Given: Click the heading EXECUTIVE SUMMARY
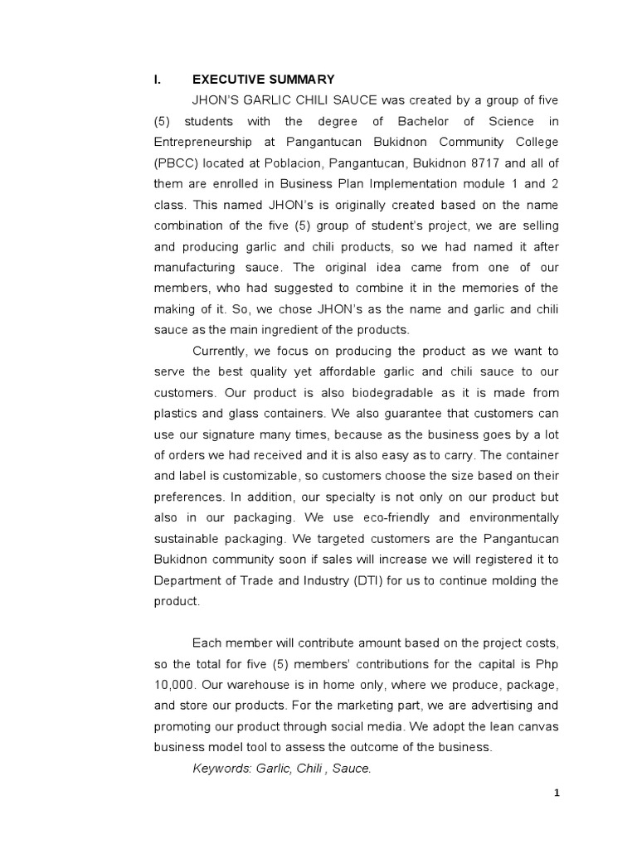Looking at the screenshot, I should pyautogui.click(x=263, y=80).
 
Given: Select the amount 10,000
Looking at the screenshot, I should pyautogui.click(x=173, y=685).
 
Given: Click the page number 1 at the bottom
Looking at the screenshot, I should pyautogui.click(x=557, y=793).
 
